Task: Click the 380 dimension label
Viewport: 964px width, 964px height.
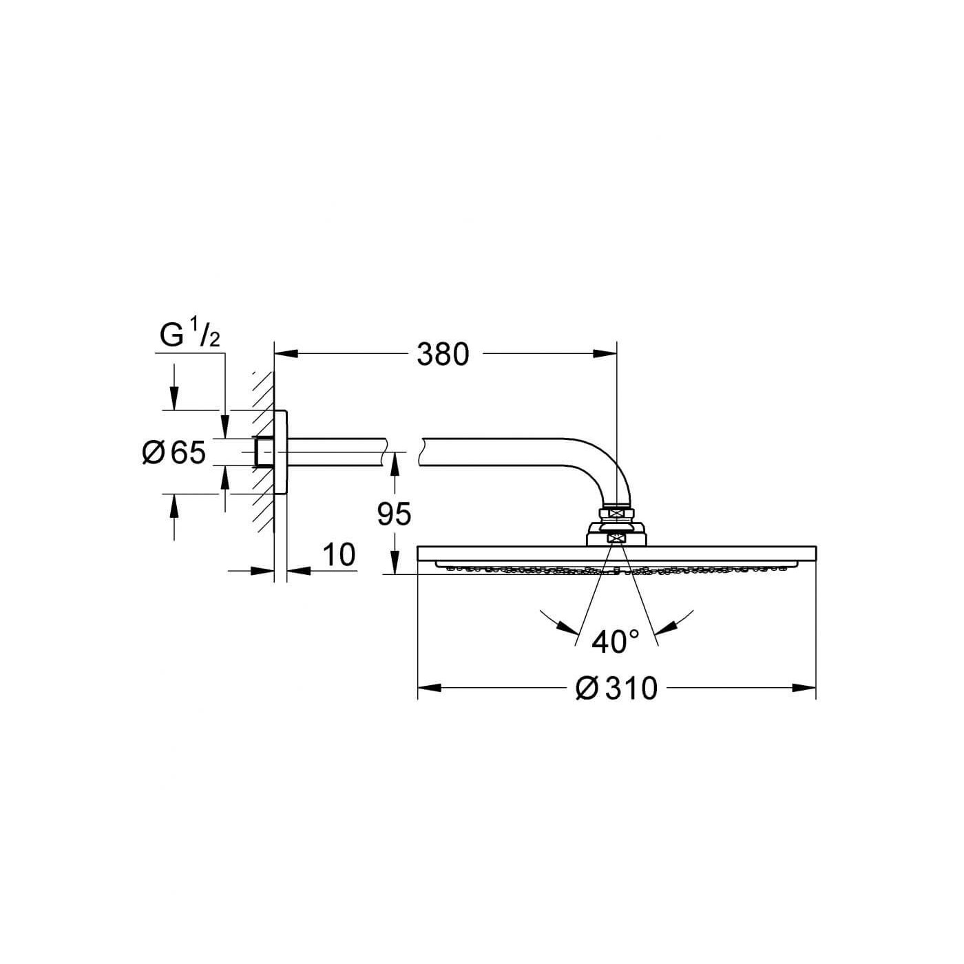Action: [443, 355]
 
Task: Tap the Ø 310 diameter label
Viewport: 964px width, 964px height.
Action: [616, 689]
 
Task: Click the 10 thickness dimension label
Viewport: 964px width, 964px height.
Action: [339, 554]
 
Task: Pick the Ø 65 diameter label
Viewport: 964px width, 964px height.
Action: [174, 452]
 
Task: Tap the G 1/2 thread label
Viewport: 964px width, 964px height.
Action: [189, 335]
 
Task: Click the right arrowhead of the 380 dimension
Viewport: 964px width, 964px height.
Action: [605, 354]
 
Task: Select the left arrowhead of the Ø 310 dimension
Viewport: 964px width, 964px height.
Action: [430, 689]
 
